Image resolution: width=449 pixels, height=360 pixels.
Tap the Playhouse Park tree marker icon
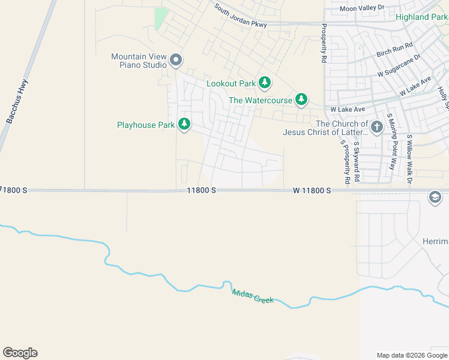pos(184,124)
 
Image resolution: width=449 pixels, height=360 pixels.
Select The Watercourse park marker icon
pos(301,100)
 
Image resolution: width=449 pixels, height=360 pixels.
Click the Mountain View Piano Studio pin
pos(176,59)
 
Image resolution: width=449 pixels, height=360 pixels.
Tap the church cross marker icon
pos(376,127)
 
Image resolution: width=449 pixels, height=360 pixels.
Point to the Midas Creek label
pos(253,296)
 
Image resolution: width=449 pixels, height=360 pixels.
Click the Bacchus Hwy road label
pos(17,102)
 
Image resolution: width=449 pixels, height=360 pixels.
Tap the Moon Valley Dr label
pos(361,8)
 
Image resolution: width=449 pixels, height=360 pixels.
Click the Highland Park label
pos(421,17)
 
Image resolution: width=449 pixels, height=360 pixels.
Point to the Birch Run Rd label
pos(395,50)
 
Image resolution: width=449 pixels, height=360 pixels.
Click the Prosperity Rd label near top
pos(324,43)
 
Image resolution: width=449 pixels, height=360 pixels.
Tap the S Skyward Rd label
pos(356,158)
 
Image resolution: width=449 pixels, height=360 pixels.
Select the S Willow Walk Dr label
pos(411,158)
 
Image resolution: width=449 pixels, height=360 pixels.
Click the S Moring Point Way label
pos(392,142)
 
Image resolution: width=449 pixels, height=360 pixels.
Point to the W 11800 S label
pos(312,190)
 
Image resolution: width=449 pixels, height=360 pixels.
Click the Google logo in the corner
pos(20,353)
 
